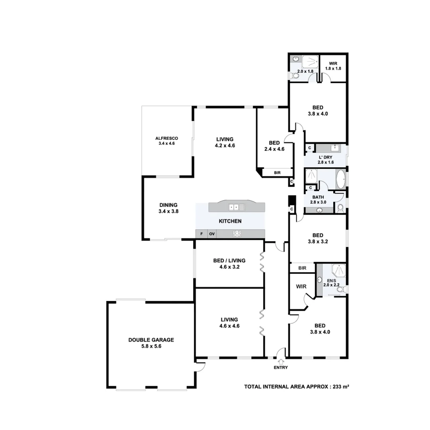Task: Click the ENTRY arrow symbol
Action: [x=281, y=362]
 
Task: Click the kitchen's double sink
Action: [x=236, y=207]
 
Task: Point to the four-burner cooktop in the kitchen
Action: [x=237, y=234]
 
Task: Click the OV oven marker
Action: [x=212, y=234]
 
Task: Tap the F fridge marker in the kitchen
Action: [x=201, y=234]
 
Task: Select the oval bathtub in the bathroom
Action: [x=341, y=180]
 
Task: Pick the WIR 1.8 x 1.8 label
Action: [x=333, y=66]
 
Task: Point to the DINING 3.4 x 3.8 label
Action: [x=168, y=208]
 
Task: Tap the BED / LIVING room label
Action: [x=229, y=260]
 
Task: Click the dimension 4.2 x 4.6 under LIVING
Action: [x=225, y=146]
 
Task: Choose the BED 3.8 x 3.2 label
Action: [x=318, y=238]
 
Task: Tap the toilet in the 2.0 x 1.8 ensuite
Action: [x=295, y=75]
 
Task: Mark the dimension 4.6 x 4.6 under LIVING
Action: [x=229, y=326]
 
